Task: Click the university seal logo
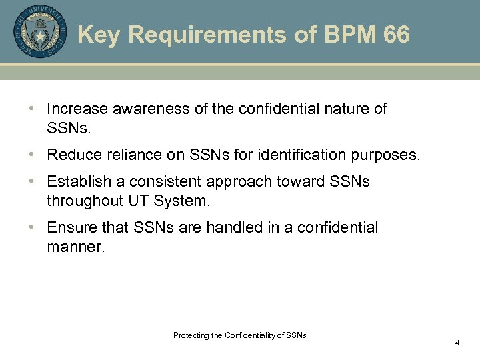click(x=40, y=31)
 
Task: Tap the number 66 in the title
click(x=397, y=35)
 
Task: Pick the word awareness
click(x=147, y=109)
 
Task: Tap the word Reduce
click(x=72, y=155)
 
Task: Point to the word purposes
click(x=390, y=155)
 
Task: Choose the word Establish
click(x=75, y=182)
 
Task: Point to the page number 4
click(x=457, y=343)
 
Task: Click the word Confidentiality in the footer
click(x=255, y=335)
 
